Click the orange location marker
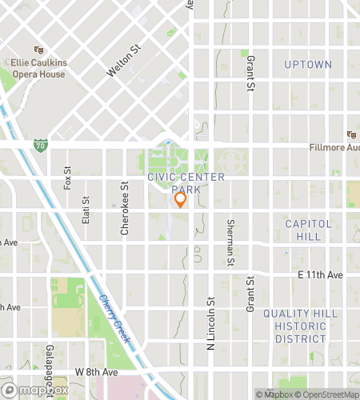pos(180,200)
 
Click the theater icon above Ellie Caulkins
pos(38,50)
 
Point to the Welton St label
pos(124,61)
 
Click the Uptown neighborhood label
pos(308,64)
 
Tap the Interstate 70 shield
pos(41,146)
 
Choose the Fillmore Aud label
pos(334,148)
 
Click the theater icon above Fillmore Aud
pos(350,134)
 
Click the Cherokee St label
pos(125,209)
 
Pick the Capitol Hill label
pos(308,230)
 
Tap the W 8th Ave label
pos(96,372)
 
